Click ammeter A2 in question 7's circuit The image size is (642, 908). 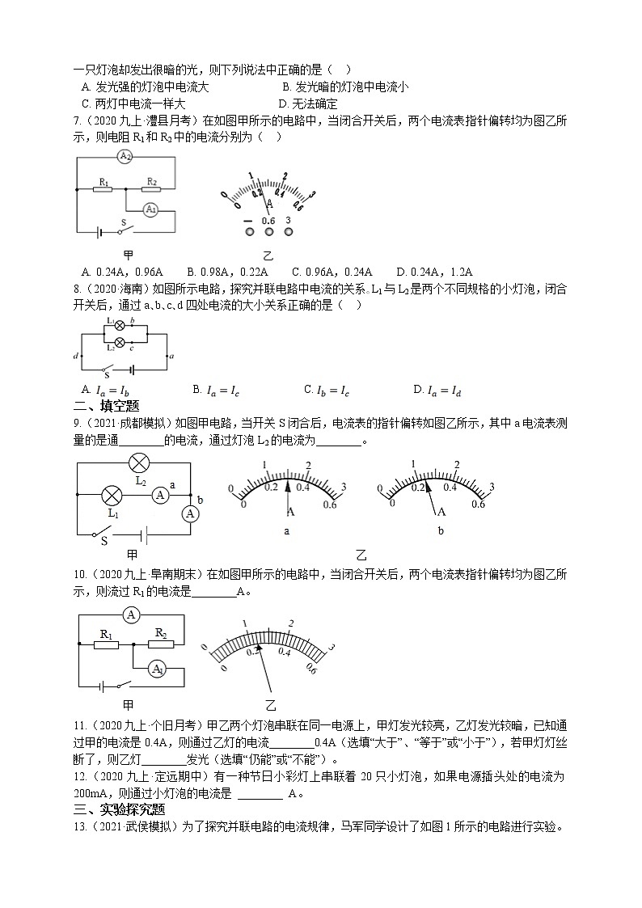coord(124,156)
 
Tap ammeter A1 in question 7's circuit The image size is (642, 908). coord(150,209)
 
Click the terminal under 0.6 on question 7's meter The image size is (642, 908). coord(268,233)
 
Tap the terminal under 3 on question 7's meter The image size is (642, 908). coord(289,233)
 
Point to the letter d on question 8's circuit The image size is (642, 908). coord(75,355)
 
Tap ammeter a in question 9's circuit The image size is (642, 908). coord(161,496)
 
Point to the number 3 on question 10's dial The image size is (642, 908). coord(331,647)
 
